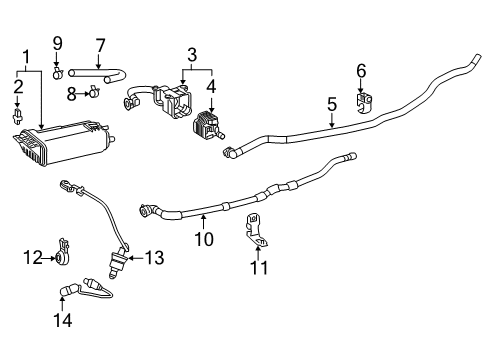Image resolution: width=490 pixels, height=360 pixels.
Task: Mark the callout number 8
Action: tap(71, 93)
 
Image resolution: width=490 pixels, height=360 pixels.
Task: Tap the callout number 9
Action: tap(58, 44)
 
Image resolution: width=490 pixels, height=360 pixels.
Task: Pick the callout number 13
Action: tap(153, 258)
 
